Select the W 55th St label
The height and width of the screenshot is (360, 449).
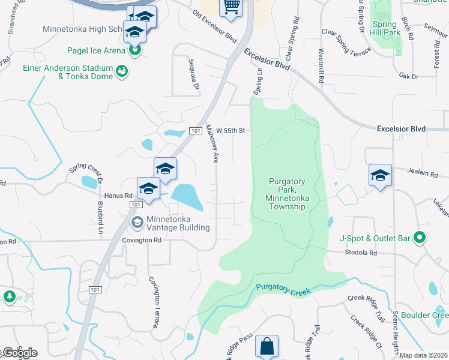coord(231,130)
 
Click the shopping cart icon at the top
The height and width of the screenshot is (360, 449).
coord(231,7)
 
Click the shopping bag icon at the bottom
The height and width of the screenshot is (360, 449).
coord(266,346)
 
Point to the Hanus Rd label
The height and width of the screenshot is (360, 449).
coord(116,196)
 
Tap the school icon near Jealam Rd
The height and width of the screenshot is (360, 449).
coord(380,175)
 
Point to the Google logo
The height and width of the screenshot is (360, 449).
coord(19,353)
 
